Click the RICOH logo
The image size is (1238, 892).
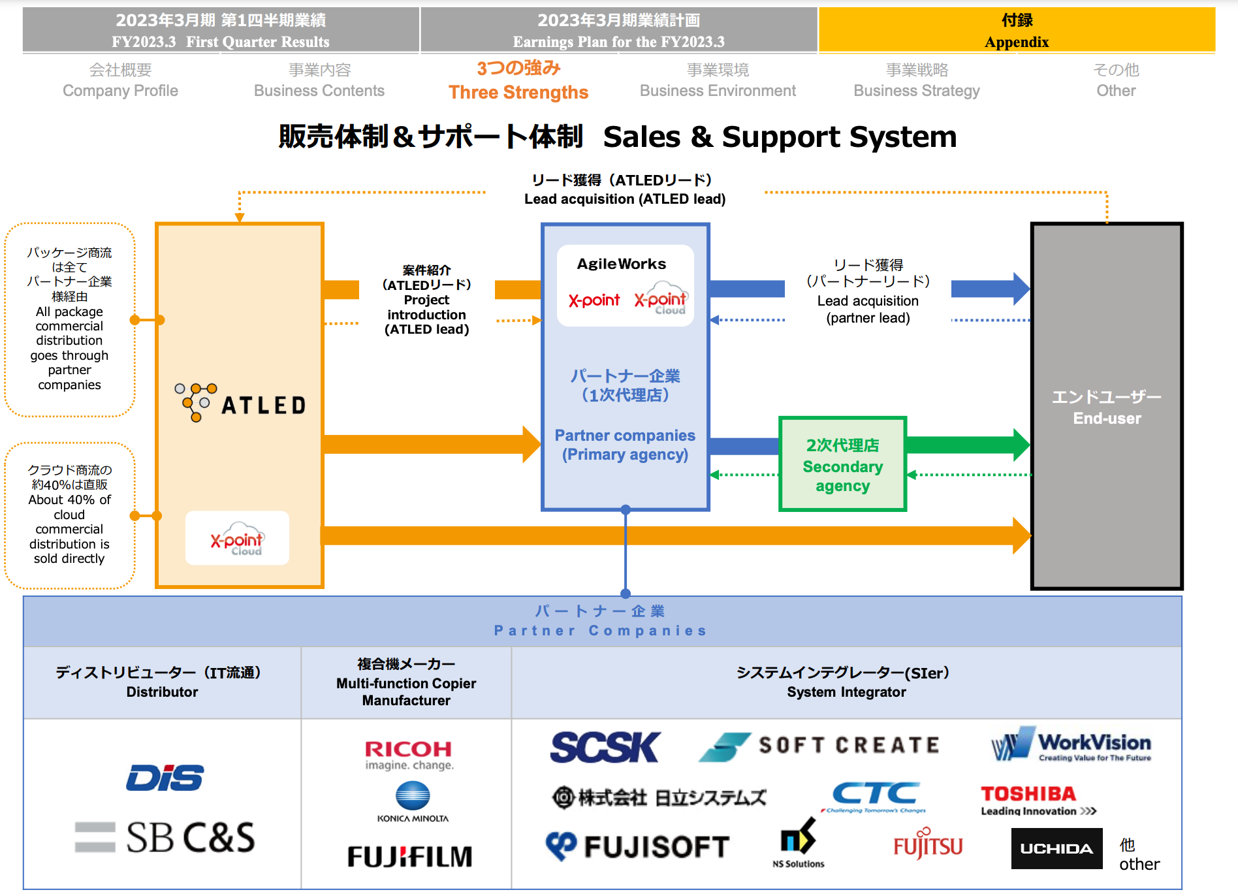(x=409, y=755)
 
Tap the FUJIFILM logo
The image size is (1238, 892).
(x=410, y=856)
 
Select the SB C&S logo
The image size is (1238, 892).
(x=165, y=837)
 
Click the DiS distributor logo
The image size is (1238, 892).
(x=165, y=778)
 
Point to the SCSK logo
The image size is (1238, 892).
(x=605, y=747)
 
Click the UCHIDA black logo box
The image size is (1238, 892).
(x=1056, y=848)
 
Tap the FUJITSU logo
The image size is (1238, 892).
(x=928, y=845)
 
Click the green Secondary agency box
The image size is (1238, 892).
(x=842, y=464)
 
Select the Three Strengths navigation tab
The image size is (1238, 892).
(x=518, y=80)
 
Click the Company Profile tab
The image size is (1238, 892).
(x=120, y=80)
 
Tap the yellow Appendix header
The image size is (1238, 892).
(x=1017, y=30)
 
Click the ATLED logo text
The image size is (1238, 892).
(x=263, y=406)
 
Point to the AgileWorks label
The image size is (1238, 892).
(x=622, y=264)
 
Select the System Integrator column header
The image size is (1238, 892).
(x=846, y=682)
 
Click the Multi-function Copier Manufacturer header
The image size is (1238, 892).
(x=406, y=682)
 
